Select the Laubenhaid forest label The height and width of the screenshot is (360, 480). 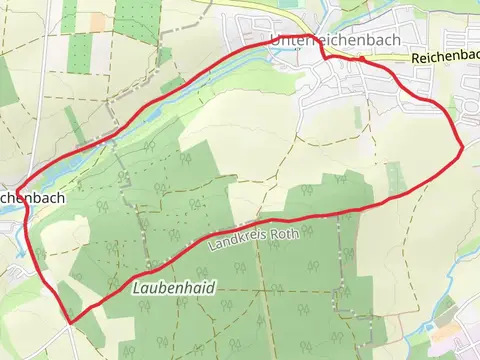tap(173, 288)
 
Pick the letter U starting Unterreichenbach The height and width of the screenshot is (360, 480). tap(275, 41)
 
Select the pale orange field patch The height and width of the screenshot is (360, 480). tap(97, 20)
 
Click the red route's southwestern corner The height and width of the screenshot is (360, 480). tap(69, 321)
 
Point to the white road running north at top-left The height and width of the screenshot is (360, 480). tap(42, 80)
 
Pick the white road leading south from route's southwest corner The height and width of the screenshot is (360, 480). tap(67, 340)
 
